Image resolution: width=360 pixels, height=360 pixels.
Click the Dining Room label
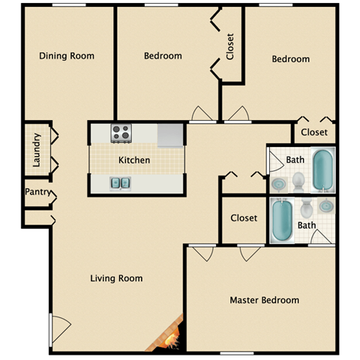(66, 55)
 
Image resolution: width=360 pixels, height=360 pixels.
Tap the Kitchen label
(134, 160)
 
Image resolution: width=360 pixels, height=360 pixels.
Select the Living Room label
(116, 278)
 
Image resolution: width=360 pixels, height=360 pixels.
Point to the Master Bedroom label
(264, 300)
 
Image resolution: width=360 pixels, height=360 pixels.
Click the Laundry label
(35, 148)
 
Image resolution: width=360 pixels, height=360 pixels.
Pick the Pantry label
(37, 193)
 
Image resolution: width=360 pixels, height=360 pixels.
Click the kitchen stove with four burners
(121, 133)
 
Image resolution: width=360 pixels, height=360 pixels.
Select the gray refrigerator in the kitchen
(170, 133)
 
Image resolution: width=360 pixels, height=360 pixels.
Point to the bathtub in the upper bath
(323, 171)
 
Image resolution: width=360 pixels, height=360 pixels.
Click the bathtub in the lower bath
(281, 219)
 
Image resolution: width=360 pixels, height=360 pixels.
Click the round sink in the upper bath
(278, 183)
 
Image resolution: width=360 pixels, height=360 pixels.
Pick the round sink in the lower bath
(326, 205)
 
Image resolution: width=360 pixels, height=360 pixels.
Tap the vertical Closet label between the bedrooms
(230, 47)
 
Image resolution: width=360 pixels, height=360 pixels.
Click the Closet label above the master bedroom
(244, 218)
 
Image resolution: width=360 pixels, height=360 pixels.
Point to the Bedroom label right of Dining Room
(163, 55)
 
